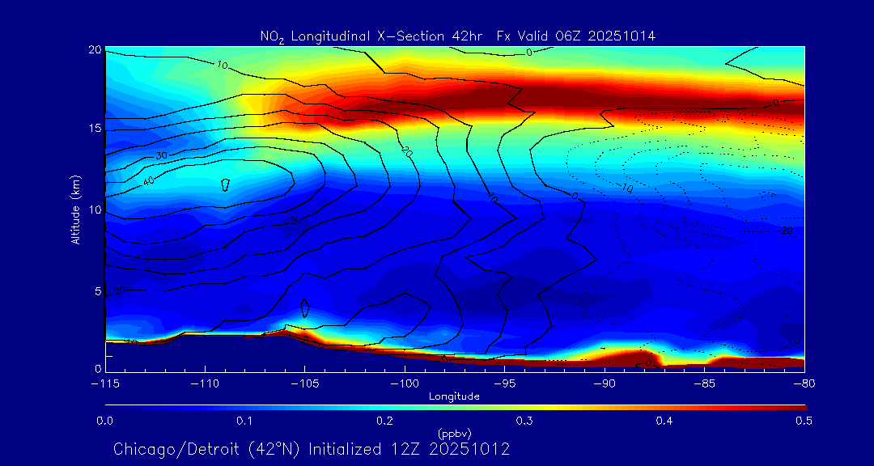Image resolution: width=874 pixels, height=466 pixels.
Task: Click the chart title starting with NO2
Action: click(x=457, y=36)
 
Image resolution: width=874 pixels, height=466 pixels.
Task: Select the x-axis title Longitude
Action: click(x=454, y=396)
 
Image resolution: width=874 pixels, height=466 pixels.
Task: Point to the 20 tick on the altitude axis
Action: click(x=95, y=50)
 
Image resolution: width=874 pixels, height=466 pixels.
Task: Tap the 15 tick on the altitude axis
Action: click(x=95, y=129)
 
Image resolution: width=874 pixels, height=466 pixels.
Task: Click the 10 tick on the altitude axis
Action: click(x=95, y=210)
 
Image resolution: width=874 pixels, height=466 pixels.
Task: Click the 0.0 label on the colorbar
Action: click(x=104, y=421)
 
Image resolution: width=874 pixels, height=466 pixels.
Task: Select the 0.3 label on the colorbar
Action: click(x=524, y=421)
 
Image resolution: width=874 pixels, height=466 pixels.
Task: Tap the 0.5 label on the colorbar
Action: click(x=804, y=421)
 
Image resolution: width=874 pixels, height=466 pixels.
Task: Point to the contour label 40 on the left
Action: click(x=149, y=180)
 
